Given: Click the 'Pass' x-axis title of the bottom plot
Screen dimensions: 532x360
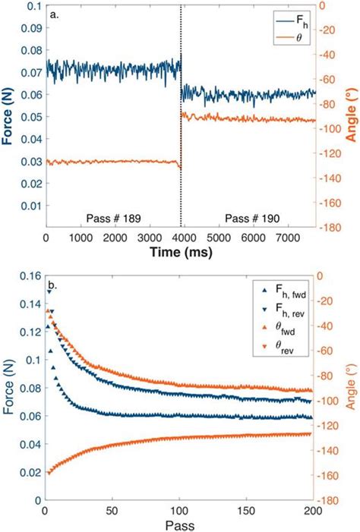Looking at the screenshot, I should (x=180, y=524).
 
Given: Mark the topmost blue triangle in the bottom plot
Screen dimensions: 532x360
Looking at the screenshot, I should (x=50, y=291).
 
